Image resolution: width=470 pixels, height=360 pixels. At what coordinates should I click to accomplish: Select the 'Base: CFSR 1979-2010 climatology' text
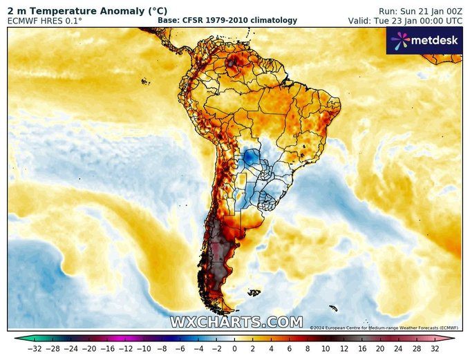[x=227, y=21]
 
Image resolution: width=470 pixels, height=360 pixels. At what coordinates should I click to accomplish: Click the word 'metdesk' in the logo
[x=435, y=41]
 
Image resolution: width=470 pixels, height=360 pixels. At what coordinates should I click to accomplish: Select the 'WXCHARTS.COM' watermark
[x=236, y=322]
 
